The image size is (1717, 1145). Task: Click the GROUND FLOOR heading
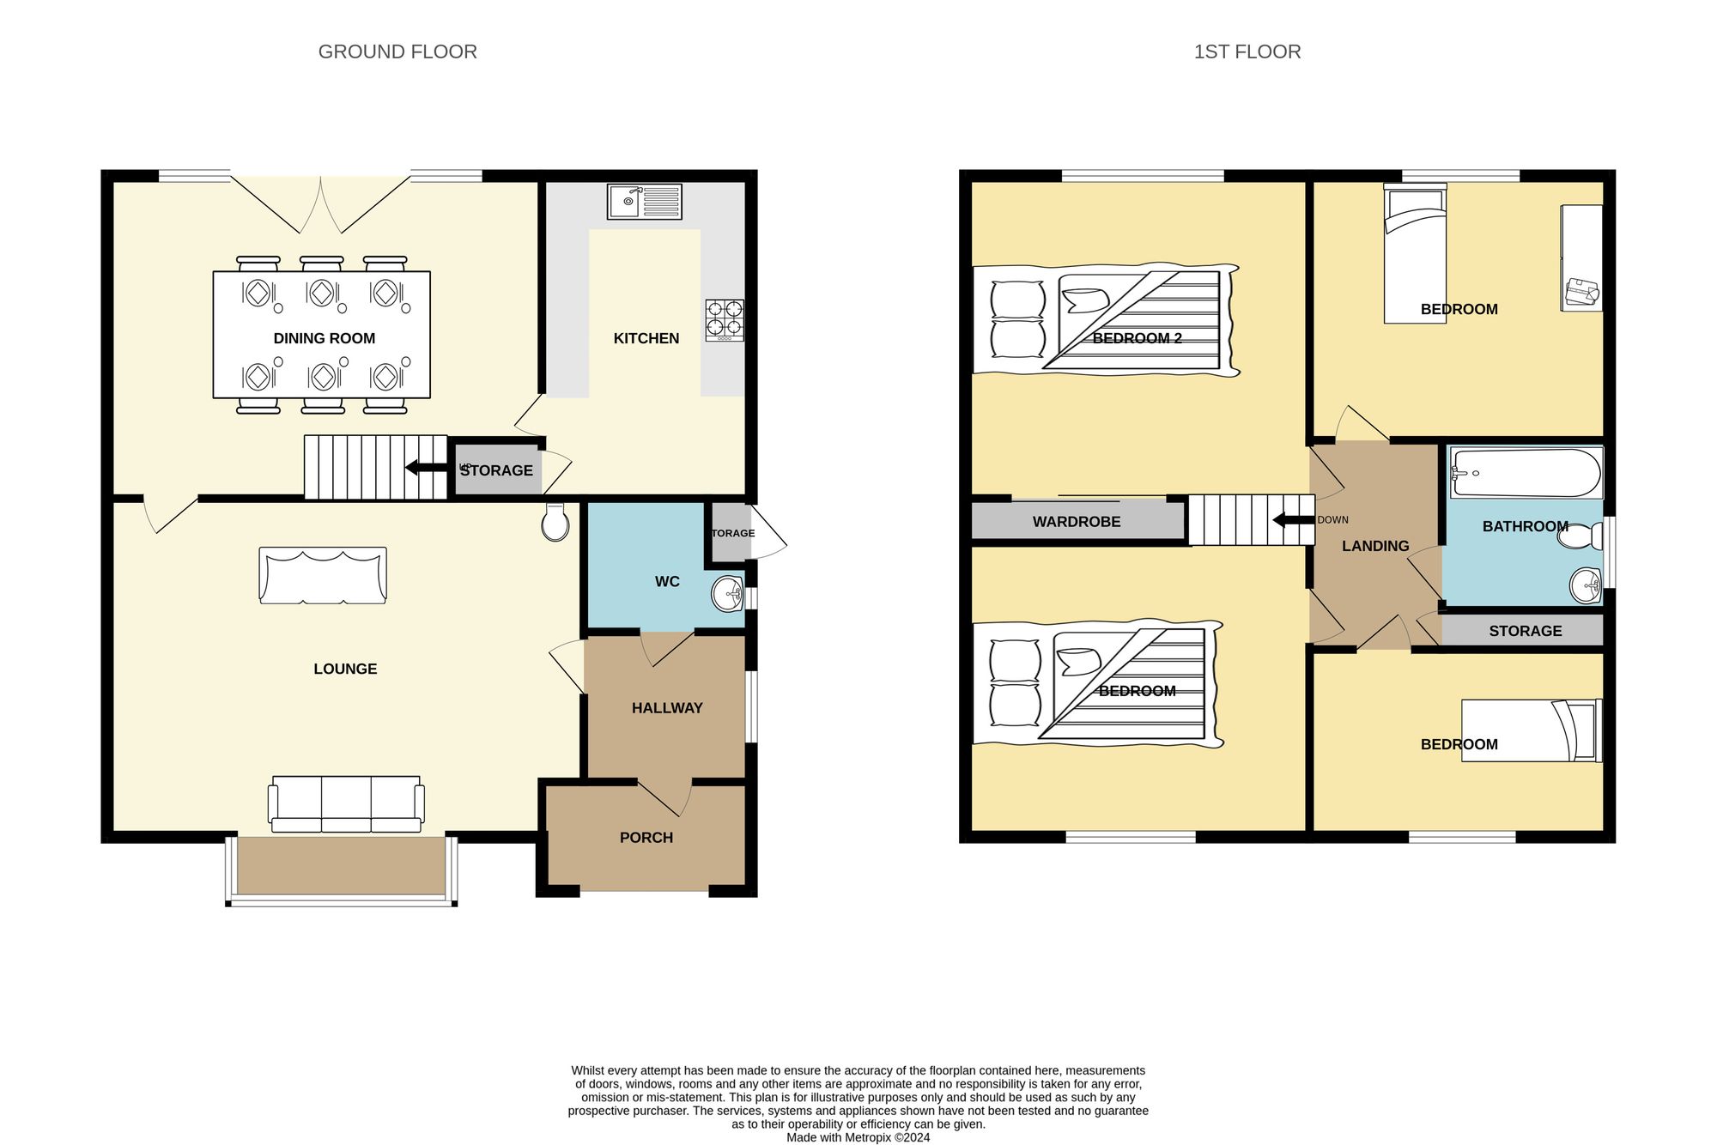tap(397, 51)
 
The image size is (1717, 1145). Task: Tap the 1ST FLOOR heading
tap(1247, 51)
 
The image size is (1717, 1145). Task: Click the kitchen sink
tap(644, 202)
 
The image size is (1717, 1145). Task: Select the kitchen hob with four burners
tap(725, 318)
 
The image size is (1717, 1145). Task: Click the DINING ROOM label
tap(324, 338)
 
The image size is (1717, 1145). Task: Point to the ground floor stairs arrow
tap(426, 468)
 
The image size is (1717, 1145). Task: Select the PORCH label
tap(646, 838)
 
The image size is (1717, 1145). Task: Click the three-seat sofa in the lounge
tap(346, 804)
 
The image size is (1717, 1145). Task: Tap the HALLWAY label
tap(667, 708)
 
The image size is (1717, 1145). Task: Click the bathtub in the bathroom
tap(1526, 473)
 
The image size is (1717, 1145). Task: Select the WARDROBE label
tap(1076, 522)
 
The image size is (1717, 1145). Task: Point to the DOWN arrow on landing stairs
tap(1293, 520)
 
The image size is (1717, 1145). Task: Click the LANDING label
tap(1375, 546)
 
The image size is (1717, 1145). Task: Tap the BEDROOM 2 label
tap(1137, 338)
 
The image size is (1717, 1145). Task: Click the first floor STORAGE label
tap(1525, 631)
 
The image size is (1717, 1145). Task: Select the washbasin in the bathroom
tap(1585, 586)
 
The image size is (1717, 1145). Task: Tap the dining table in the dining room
tap(322, 335)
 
